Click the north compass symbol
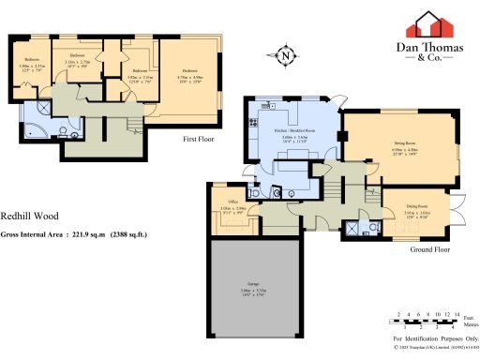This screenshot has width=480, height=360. [284, 54]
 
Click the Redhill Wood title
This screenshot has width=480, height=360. [24, 215]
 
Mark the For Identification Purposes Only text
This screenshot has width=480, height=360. [435, 337]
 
